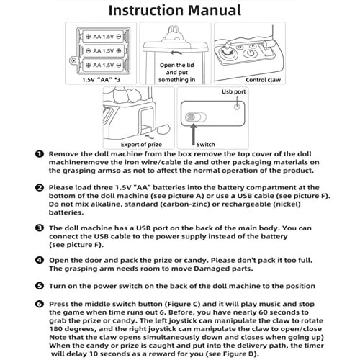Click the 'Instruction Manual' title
click(175, 10)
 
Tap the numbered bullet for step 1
click(40, 154)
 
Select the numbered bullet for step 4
click(40, 260)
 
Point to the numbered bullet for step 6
click(40, 304)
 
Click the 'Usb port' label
click(233, 91)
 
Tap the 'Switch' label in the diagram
click(205, 145)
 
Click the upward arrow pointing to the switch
click(193, 135)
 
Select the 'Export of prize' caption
click(141, 145)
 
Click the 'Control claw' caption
click(263, 80)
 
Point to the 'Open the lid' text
click(177, 65)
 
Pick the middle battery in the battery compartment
click(104, 51)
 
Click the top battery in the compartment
click(104, 37)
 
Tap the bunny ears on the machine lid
click(174, 30)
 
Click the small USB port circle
click(237, 107)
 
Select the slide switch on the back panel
click(196, 117)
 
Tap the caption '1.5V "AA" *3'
click(101, 80)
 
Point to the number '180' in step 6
click(55, 329)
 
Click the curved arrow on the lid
click(176, 53)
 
